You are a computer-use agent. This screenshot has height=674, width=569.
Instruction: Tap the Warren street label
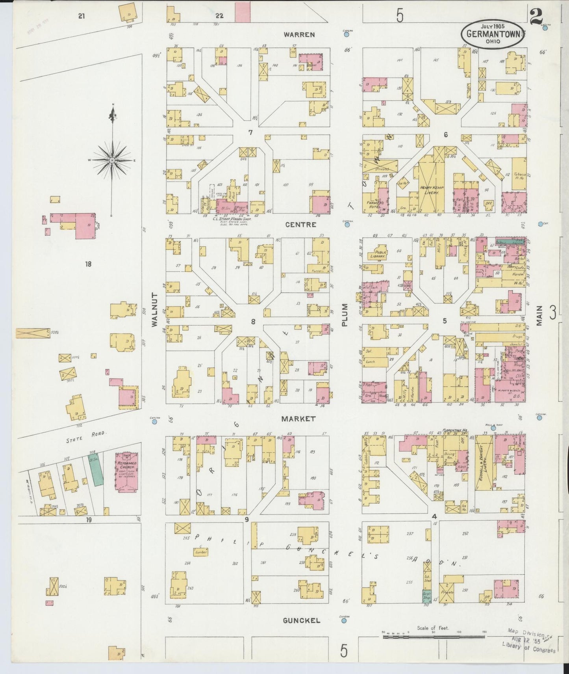tap(299, 35)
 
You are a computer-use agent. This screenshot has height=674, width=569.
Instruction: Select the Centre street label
tap(300, 225)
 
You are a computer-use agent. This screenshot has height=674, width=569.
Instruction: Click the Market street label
tap(298, 419)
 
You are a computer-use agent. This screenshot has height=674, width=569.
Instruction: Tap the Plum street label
tap(345, 315)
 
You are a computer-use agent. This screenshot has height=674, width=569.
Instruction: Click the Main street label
tap(539, 315)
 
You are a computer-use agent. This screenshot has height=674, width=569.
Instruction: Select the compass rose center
tap(112, 160)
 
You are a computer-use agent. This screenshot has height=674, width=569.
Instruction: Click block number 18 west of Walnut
tap(88, 264)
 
